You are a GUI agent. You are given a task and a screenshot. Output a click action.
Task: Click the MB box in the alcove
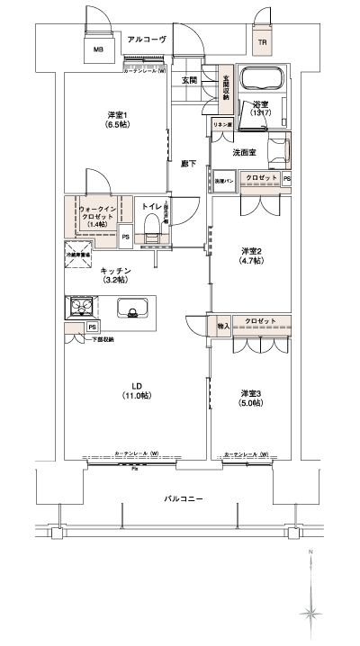click(98, 50)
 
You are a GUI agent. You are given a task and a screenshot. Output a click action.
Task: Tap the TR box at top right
click(263, 42)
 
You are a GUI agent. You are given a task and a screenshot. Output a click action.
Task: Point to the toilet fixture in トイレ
click(150, 221)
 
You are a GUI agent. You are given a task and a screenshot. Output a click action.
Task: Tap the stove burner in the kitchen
click(81, 310)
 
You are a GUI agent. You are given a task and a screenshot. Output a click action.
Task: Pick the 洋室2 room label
click(251, 255)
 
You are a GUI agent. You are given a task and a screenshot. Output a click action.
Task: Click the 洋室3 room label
click(251, 399)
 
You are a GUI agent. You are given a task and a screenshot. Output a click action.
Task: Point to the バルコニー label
click(183, 498)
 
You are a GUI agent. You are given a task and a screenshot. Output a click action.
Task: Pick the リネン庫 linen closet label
click(221, 123)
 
